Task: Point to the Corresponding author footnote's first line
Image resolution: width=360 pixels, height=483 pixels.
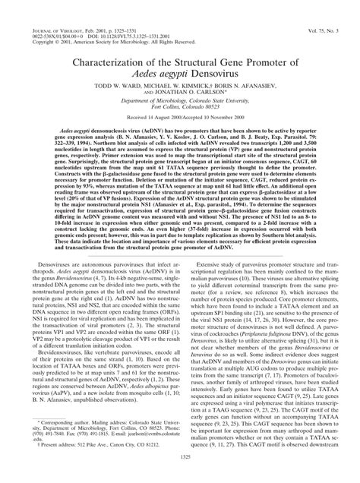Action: point(92,437)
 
